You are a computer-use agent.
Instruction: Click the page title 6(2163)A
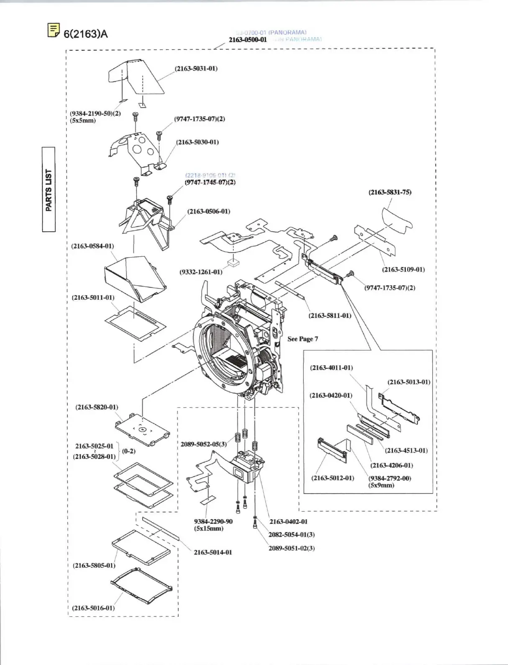pos(85,34)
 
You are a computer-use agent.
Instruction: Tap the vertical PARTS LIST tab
pos(49,190)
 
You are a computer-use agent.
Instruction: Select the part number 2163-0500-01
pos(248,40)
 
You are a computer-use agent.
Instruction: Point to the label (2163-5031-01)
pos(196,68)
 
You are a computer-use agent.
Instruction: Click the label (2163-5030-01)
pos(198,142)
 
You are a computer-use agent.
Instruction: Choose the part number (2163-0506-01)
pos(209,211)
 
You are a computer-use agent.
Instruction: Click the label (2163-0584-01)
pos(92,246)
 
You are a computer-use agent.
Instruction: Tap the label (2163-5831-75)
pos(390,192)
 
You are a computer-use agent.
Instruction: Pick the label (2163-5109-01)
pos(403,269)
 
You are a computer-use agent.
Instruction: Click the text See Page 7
pos(303,339)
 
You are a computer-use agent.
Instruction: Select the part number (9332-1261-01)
pos(201,272)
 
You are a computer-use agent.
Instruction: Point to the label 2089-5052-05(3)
pos(204,444)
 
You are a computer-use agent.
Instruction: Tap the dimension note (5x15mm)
pos(209,528)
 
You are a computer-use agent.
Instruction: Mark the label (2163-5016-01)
pos(93,608)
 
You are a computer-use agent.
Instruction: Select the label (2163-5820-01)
pos(97,407)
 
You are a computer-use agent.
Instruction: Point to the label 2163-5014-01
pos(213,552)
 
